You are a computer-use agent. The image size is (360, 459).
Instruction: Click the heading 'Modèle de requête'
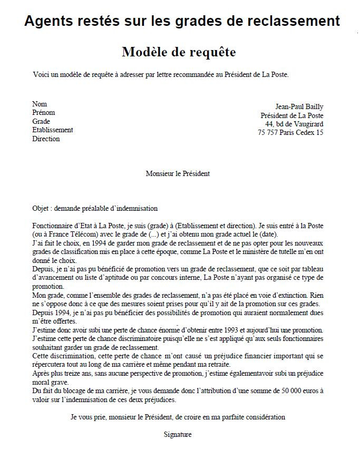point(179,52)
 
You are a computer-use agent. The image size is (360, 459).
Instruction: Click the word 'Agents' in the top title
point(48,21)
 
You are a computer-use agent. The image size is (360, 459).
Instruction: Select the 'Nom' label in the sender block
point(40,104)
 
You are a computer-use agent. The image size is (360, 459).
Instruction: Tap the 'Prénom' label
point(43,113)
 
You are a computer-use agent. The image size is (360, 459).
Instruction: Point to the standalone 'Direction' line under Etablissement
point(46,139)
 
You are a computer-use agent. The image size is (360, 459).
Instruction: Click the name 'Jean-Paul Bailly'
point(299,107)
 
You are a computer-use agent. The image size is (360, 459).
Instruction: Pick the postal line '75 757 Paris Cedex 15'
point(290,133)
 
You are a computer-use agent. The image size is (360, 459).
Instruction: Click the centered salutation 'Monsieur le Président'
point(178,173)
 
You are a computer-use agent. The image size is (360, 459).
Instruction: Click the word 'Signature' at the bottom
point(178,435)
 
